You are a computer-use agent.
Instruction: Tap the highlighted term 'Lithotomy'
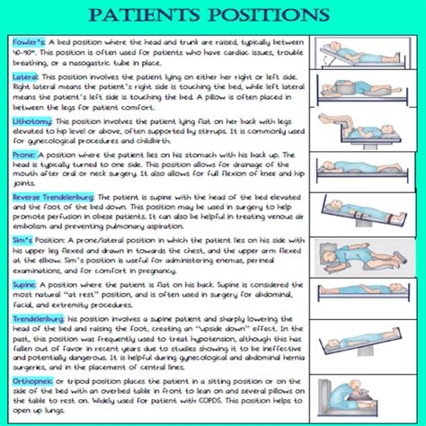32,119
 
